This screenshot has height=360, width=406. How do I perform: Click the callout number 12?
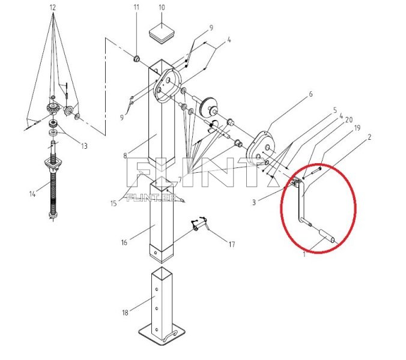[52, 7]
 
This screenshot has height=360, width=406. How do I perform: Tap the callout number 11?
[136, 7]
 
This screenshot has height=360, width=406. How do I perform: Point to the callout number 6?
[311, 94]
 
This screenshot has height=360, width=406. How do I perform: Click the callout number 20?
[348, 119]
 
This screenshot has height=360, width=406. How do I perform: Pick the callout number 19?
[357, 128]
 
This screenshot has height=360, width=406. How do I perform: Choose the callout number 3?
[254, 203]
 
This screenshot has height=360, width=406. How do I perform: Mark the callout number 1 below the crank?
[304, 254]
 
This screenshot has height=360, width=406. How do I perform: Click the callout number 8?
[125, 156]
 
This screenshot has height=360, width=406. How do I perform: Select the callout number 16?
[124, 242]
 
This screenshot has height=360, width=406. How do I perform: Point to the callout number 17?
[232, 244]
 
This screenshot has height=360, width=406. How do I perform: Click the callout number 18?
[124, 313]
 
